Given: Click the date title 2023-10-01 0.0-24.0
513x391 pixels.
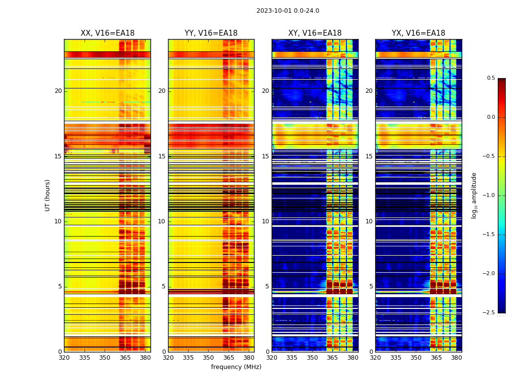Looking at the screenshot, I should [x=288, y=11].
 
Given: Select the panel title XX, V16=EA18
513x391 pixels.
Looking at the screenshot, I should [x=107, y=33].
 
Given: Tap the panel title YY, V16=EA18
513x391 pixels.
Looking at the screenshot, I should [x=211, y=33].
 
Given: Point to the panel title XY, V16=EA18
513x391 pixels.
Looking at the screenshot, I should [x=315, y=33].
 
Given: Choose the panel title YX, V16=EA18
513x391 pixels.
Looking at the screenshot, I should [x=418, y=33].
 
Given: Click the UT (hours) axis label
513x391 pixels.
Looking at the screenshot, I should [x=47, y=195].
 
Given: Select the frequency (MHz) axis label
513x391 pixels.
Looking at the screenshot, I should [x=236, y=367].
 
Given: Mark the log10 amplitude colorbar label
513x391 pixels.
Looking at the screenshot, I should [x=474, y=195].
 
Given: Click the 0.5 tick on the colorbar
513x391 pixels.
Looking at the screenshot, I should [x=491, y=78].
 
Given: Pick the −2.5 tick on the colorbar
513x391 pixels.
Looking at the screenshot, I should [x=489, y=313].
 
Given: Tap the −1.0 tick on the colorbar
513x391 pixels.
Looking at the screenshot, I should [x=489, y=195].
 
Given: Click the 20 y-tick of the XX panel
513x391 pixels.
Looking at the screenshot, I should [x=58, y=91].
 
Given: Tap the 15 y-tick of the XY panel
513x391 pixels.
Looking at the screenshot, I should [x=265, y=156].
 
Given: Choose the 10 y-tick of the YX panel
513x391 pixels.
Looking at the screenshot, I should [x=369, y=221].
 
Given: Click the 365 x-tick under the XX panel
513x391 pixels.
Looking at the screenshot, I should [x=125, y=358].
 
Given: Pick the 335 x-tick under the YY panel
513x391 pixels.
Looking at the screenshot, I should [x=189, y=358].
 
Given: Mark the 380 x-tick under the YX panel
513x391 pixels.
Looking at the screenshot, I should [x=456, y=358].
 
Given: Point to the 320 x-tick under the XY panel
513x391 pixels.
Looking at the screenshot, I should [x=272, y=358].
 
